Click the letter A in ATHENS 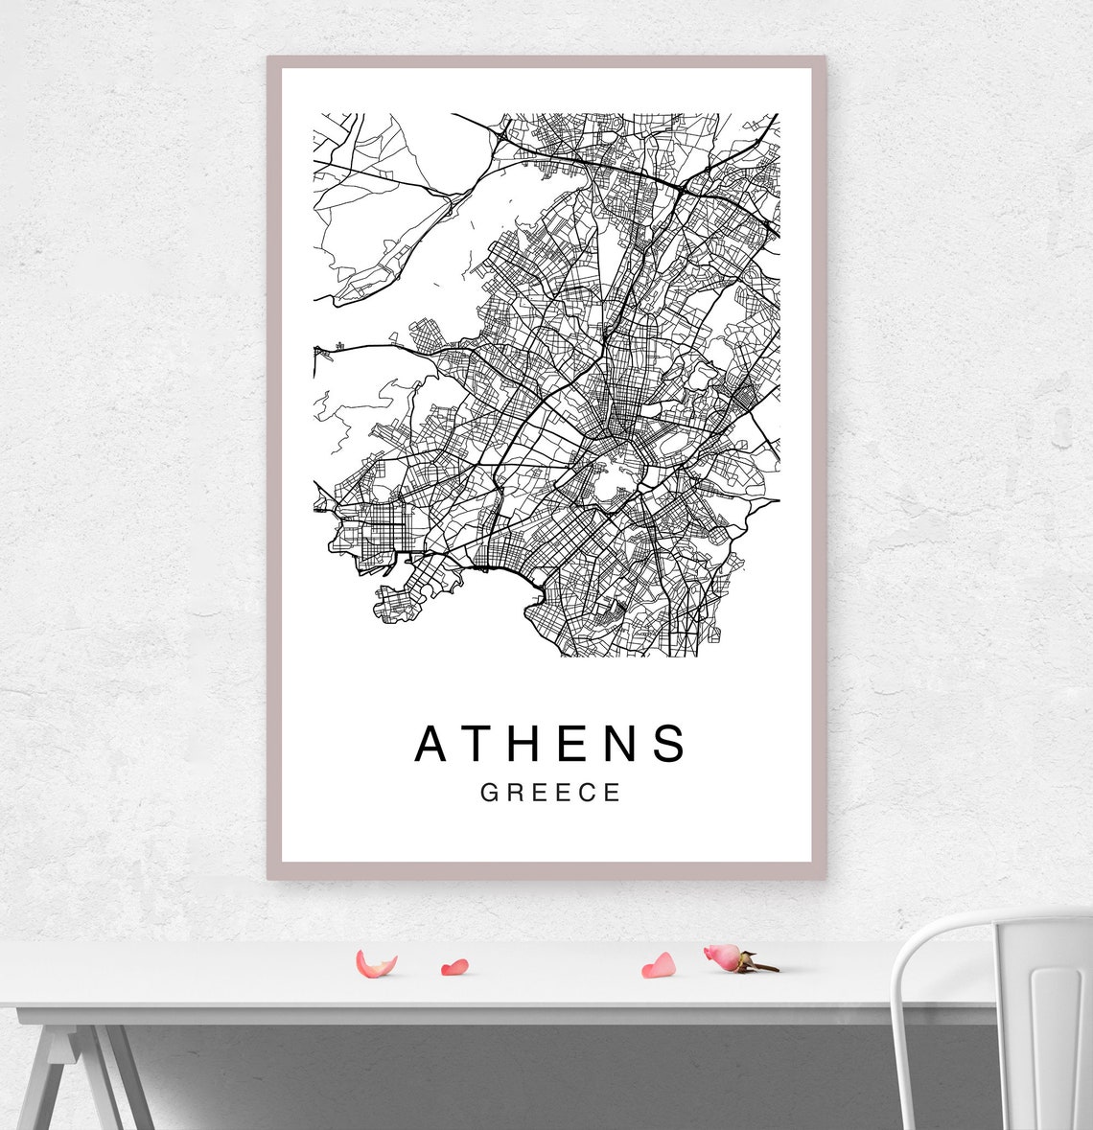point(432,744)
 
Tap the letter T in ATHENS point(484,744)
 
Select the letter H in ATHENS point(535,744)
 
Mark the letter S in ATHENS point(672,744)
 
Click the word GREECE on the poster point(550,794)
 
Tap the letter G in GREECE point(488,794)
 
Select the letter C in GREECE point(588,794)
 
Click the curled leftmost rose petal point(374,964)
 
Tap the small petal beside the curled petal point(453,967)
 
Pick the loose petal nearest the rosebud point(659,965)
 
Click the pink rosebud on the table point(724,956)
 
